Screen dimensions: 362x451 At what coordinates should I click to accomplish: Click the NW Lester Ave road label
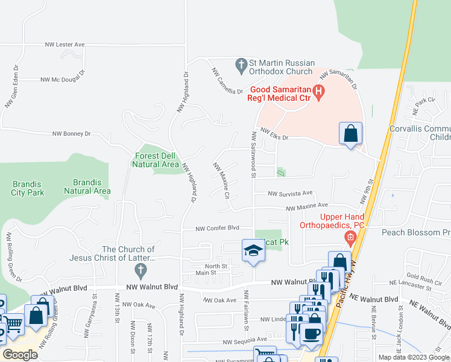pyautogui.click(x=65, y=45)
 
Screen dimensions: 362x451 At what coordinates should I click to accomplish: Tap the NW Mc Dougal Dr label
pyautogui.click(x=63, y=80)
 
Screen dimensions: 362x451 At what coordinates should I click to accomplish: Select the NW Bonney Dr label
pyautogui.click(x=71, y=134)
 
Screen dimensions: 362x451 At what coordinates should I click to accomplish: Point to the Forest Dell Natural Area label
pyautogui.click(x=156, y=160)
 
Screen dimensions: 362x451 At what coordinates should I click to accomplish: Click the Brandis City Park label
pyautogui.click(x=28, y=188)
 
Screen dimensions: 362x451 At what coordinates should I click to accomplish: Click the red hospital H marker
pyautogui.click(x=320, y=92)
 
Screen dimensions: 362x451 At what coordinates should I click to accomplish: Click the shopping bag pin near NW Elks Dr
pyautogui.click(x=350, y=133)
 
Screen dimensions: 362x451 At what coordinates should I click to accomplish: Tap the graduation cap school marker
pyautogui.click(x=253, y=250)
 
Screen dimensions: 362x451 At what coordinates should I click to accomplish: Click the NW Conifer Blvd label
pyautogui.click(x=218, y=228)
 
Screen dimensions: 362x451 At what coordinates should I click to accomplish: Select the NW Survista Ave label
pyautogui.click(x=291, y=194)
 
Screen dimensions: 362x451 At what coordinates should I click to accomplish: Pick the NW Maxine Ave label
pyautogui.click(x=307, y=207)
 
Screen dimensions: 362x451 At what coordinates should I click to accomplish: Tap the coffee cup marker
pyautogui.click(x=311, y=334)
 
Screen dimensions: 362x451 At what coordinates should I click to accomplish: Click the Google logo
pyautogui.click(x=20, y=355)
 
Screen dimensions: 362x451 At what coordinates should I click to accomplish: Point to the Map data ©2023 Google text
pyautogui.click(x=414, y=357)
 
